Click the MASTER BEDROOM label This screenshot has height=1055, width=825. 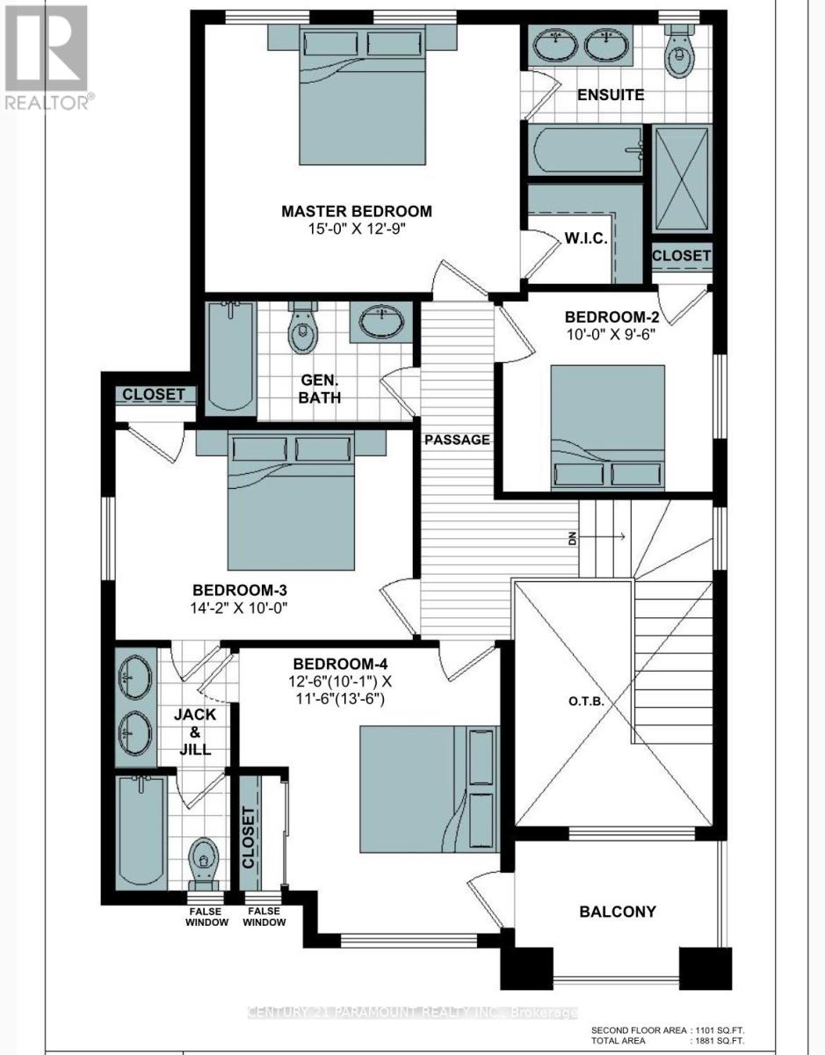tap(356, 211)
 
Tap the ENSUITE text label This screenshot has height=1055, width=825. tap(612, 94)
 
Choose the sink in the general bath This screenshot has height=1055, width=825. tap(380, 323)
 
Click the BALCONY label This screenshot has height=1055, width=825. tap(617, 912)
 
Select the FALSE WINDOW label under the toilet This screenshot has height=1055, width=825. tap(206, 917)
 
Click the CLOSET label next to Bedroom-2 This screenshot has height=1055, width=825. tap(681, 255)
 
